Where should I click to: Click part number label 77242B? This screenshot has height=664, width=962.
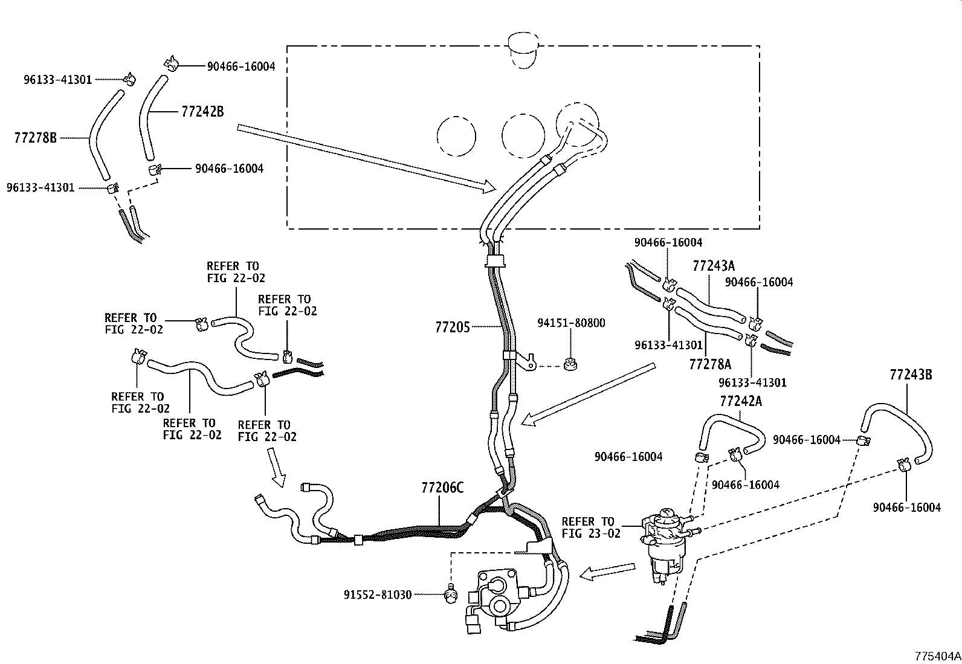(x=202, y=112)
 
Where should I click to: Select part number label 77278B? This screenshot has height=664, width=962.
(x=35, y=138)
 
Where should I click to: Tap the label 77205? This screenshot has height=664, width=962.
(x=452, y=327)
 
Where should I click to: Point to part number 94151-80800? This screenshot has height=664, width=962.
(x=571, y=323)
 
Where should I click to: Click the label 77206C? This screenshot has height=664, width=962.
(x=442, y=488)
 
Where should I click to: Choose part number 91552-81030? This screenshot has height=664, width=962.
(x=374, y=595)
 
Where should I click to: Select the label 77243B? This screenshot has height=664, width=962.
(x=910, y=375)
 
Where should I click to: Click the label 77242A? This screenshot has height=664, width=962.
(x=741, y=401)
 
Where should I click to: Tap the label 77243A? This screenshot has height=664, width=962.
(x=714, y=265)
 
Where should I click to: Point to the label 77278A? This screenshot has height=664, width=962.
(x=710, y=364)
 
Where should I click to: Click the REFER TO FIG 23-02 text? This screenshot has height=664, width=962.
(x=587, y=527)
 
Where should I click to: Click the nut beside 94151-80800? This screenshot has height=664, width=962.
(x=569, y=364)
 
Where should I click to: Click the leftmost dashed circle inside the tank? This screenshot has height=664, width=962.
(x=456, y=135)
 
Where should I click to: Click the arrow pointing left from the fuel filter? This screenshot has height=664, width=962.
(x=607, y=572)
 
